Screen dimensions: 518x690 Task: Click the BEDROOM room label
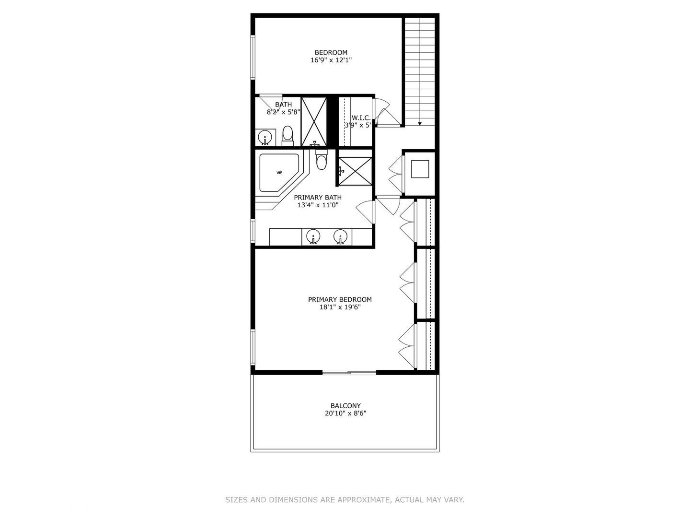(331, 52)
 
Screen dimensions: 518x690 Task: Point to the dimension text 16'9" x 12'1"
(331, 60)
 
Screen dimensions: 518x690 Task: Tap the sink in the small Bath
(264, 138)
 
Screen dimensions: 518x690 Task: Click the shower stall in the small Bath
(314, 121)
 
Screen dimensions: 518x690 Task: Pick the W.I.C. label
(361, 118)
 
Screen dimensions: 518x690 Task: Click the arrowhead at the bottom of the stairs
(420, 124)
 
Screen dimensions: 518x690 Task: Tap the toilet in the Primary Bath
(321, 161)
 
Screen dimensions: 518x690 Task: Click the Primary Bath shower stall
(355, 167)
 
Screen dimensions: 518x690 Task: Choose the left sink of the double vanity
(313, 236)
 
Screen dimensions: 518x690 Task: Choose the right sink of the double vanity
(340, 236)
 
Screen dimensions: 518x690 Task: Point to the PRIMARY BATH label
(318, 198)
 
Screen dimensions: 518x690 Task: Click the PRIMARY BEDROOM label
(340, 299)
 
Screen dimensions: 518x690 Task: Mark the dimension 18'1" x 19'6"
(340, 307)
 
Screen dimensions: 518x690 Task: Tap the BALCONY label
(345, 406)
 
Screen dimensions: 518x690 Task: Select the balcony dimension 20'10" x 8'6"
(345, 413)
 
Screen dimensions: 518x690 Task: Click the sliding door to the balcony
(349, 372)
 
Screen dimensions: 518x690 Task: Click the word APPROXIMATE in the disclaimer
(364, 500)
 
